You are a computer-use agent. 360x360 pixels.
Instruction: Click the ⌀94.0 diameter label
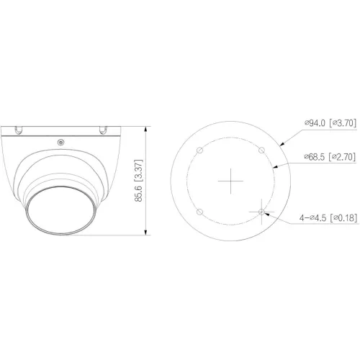(x=315, y=123)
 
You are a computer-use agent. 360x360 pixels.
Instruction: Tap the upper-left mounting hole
(x=200, y=149)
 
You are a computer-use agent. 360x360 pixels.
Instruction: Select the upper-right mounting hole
(x=262, y=149)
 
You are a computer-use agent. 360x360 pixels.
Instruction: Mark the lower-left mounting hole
(x=200, y=211)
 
